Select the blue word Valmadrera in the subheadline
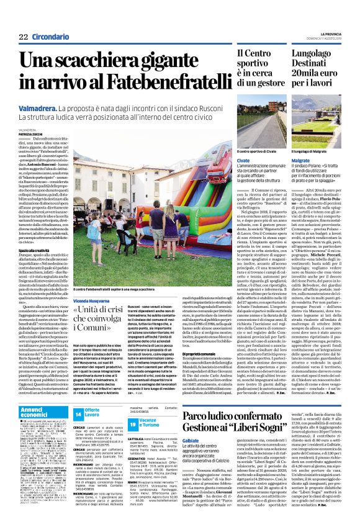[x=39, y=108]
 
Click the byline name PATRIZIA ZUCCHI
[x=32, y=133]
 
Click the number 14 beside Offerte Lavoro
[x=78, y=413]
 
